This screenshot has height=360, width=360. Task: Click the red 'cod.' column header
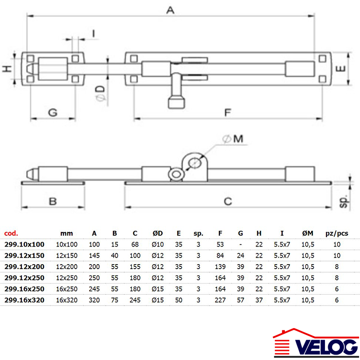click(11, 233)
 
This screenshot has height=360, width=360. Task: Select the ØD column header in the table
click(157, 233)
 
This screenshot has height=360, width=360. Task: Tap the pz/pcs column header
click(337, 234)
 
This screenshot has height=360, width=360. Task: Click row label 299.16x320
click(24, 300)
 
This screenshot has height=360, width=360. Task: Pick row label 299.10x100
click(24, 244)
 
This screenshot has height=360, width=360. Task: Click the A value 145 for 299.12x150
click(94, 256)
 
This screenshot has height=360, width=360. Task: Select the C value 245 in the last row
click(135, 300)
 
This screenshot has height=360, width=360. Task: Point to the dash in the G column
click(240, 244)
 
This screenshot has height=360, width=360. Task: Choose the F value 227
click(220, 300)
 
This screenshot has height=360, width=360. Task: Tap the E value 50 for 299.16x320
click(179, 300)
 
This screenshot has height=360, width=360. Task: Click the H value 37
click(259, 300)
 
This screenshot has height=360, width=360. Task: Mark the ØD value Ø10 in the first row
click(157, 244)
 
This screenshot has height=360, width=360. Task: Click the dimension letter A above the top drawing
click(171, 10)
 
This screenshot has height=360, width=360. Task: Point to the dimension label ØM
click(233, 139)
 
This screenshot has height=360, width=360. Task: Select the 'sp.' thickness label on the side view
click(344, 201)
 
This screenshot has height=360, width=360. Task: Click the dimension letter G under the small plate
click(53, 112)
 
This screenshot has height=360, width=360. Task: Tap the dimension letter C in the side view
click(228, 201)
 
